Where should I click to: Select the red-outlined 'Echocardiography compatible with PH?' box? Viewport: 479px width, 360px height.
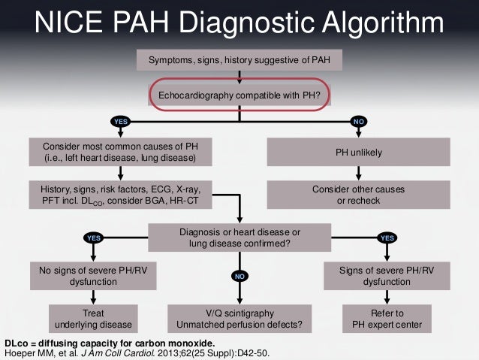tap(239, 96)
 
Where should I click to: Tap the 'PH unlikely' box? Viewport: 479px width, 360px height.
tap(359, 153)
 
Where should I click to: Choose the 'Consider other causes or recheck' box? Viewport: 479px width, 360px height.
tap(359, 195)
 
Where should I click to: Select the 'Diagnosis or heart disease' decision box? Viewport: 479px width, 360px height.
tap(239, 237)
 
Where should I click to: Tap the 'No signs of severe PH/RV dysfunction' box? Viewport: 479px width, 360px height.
tap(84, 275)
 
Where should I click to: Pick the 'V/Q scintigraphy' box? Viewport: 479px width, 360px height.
tap(239, 319)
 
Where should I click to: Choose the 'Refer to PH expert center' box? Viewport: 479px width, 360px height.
tap(387, 319)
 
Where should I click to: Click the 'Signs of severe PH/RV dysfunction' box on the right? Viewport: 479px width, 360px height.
tap(386, 275)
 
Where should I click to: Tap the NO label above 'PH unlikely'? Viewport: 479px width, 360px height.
tap(359, 121)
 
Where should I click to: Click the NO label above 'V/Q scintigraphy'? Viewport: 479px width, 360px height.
tap(239, 277)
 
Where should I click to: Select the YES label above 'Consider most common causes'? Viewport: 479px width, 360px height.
tap(120, 121)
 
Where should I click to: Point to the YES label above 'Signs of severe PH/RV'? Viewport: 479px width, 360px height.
tap(387, 238)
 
